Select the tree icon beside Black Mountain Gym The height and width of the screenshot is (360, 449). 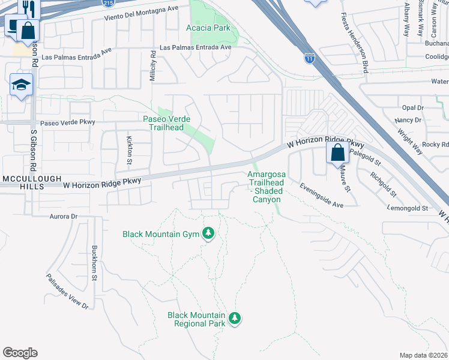pyautogui.click(x=208, y=233)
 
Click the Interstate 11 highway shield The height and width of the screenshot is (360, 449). pyautogui.click(x=309, y=59)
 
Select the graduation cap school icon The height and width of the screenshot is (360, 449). pyautogui.click(x=20, y=86)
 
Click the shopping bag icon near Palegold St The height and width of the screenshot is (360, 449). pyautogui.click(x=337, y=152)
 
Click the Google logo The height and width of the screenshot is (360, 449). pyautogui.click(x=20, y=353)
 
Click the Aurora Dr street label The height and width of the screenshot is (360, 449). pyautogui.click(x=64, y=216)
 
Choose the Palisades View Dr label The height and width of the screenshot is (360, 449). pyautogui.click(x=67, y=292)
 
